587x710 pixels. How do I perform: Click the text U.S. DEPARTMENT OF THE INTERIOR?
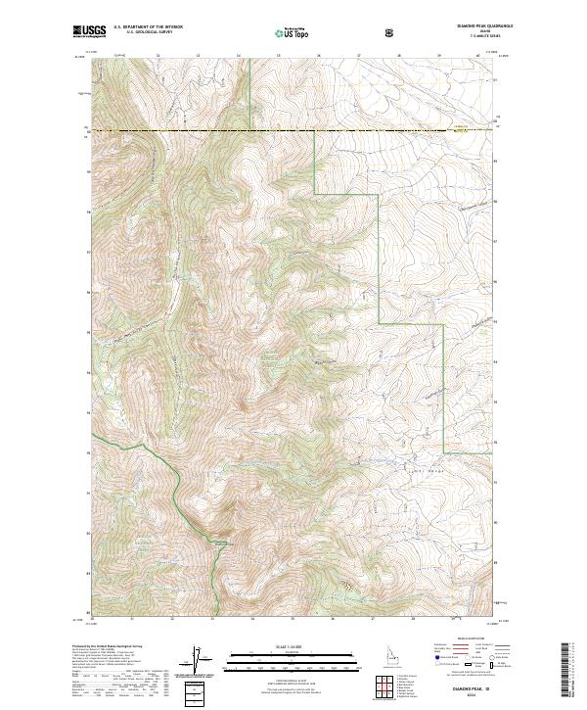[148, 27]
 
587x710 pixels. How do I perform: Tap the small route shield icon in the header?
[391, 32]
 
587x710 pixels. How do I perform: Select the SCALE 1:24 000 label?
[292, 646]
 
